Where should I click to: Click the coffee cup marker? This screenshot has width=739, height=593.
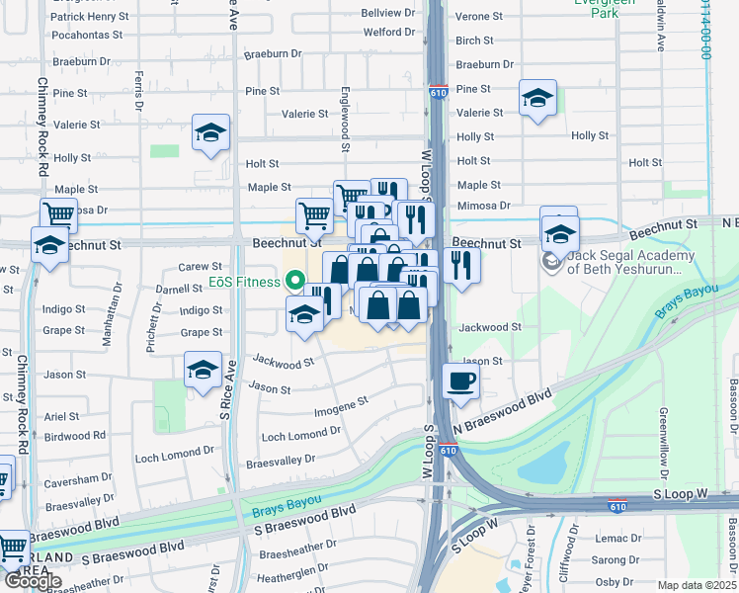click(459, 381)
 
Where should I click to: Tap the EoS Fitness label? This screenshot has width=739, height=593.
click(244, 282)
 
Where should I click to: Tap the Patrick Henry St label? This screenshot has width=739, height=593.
click(89, 17)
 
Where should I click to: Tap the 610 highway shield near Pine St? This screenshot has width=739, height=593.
click(437, 91)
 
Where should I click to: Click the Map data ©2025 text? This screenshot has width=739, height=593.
click(697, 585)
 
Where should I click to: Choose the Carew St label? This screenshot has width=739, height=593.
click(200, 267)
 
